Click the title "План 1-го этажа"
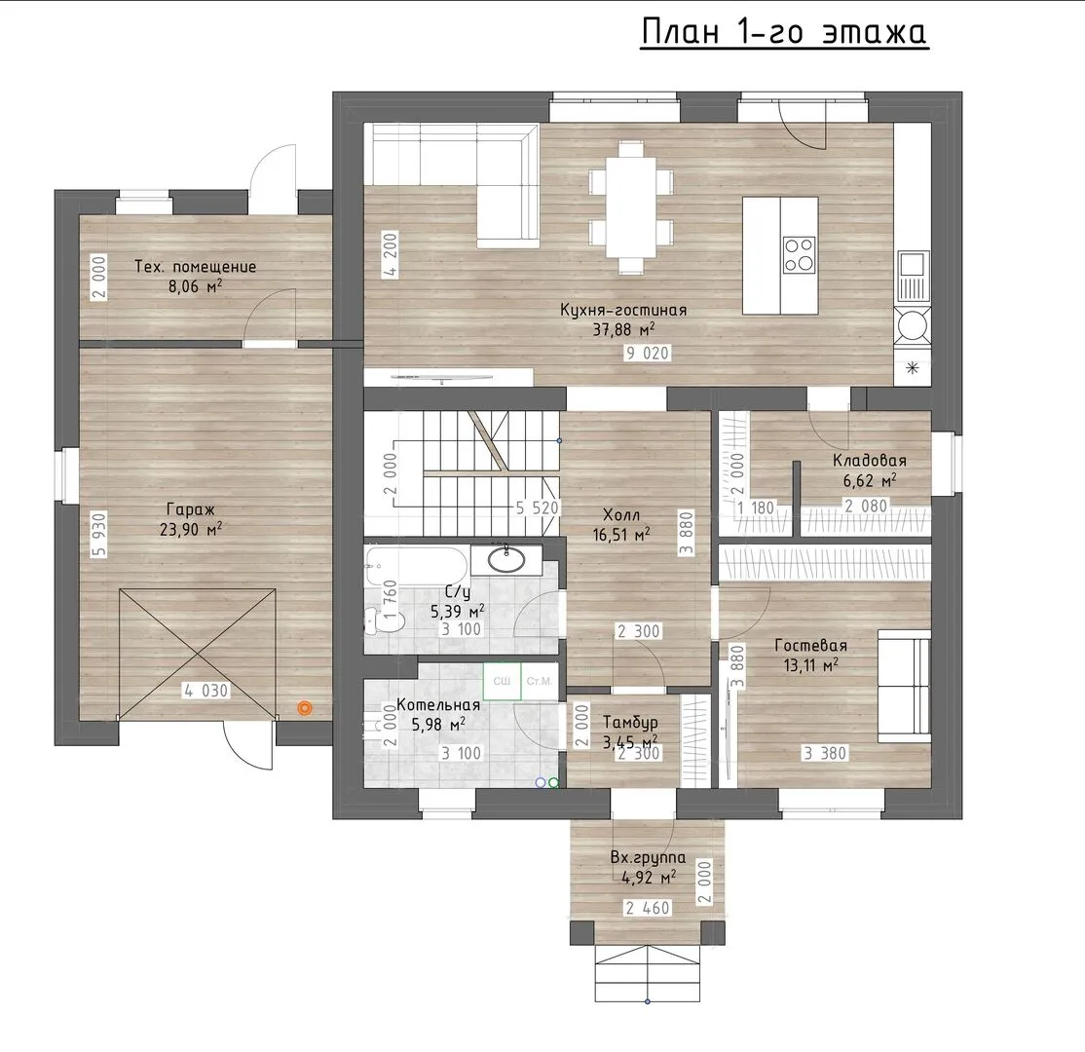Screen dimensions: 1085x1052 point(785,32)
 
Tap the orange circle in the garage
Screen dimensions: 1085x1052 point(304,708)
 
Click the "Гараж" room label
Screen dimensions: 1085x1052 point(190,509)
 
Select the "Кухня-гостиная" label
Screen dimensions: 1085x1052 point(623,310)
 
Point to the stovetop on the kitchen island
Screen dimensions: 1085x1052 point(799,254)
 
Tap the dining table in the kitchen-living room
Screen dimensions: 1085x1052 point(631,207)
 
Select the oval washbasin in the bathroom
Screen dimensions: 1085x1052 point(506,559)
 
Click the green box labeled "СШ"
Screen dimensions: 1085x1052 point(502,681)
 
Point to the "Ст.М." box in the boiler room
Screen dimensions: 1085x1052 point(539,681)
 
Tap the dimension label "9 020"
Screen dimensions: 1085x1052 point(647,353)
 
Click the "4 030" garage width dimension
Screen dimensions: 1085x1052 point(206,690)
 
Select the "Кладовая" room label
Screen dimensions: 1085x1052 point(869,460)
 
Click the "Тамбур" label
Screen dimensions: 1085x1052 point(630,723)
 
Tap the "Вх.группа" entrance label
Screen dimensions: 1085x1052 point(648,857)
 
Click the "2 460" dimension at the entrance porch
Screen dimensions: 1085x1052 point(648,908)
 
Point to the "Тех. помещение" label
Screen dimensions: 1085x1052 point(195,267)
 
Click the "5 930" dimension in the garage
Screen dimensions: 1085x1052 point(98,535)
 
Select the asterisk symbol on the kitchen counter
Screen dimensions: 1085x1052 point(913,368)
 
